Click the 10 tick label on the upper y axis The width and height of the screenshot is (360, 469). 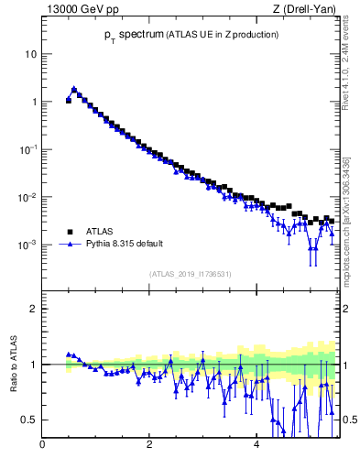point(30,54)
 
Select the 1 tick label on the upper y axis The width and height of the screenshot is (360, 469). point(33,102)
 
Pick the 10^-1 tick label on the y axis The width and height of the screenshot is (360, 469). point(28,148)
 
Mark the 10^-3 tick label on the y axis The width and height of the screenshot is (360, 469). point(28,245)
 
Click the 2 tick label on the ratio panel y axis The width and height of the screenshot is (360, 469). point(33,309)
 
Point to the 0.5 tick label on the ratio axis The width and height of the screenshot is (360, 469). point(29,420)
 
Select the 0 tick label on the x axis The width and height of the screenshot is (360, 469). point(42,446)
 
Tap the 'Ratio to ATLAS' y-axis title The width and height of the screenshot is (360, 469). point(12,366)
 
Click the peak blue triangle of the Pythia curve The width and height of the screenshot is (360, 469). point(74,89)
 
